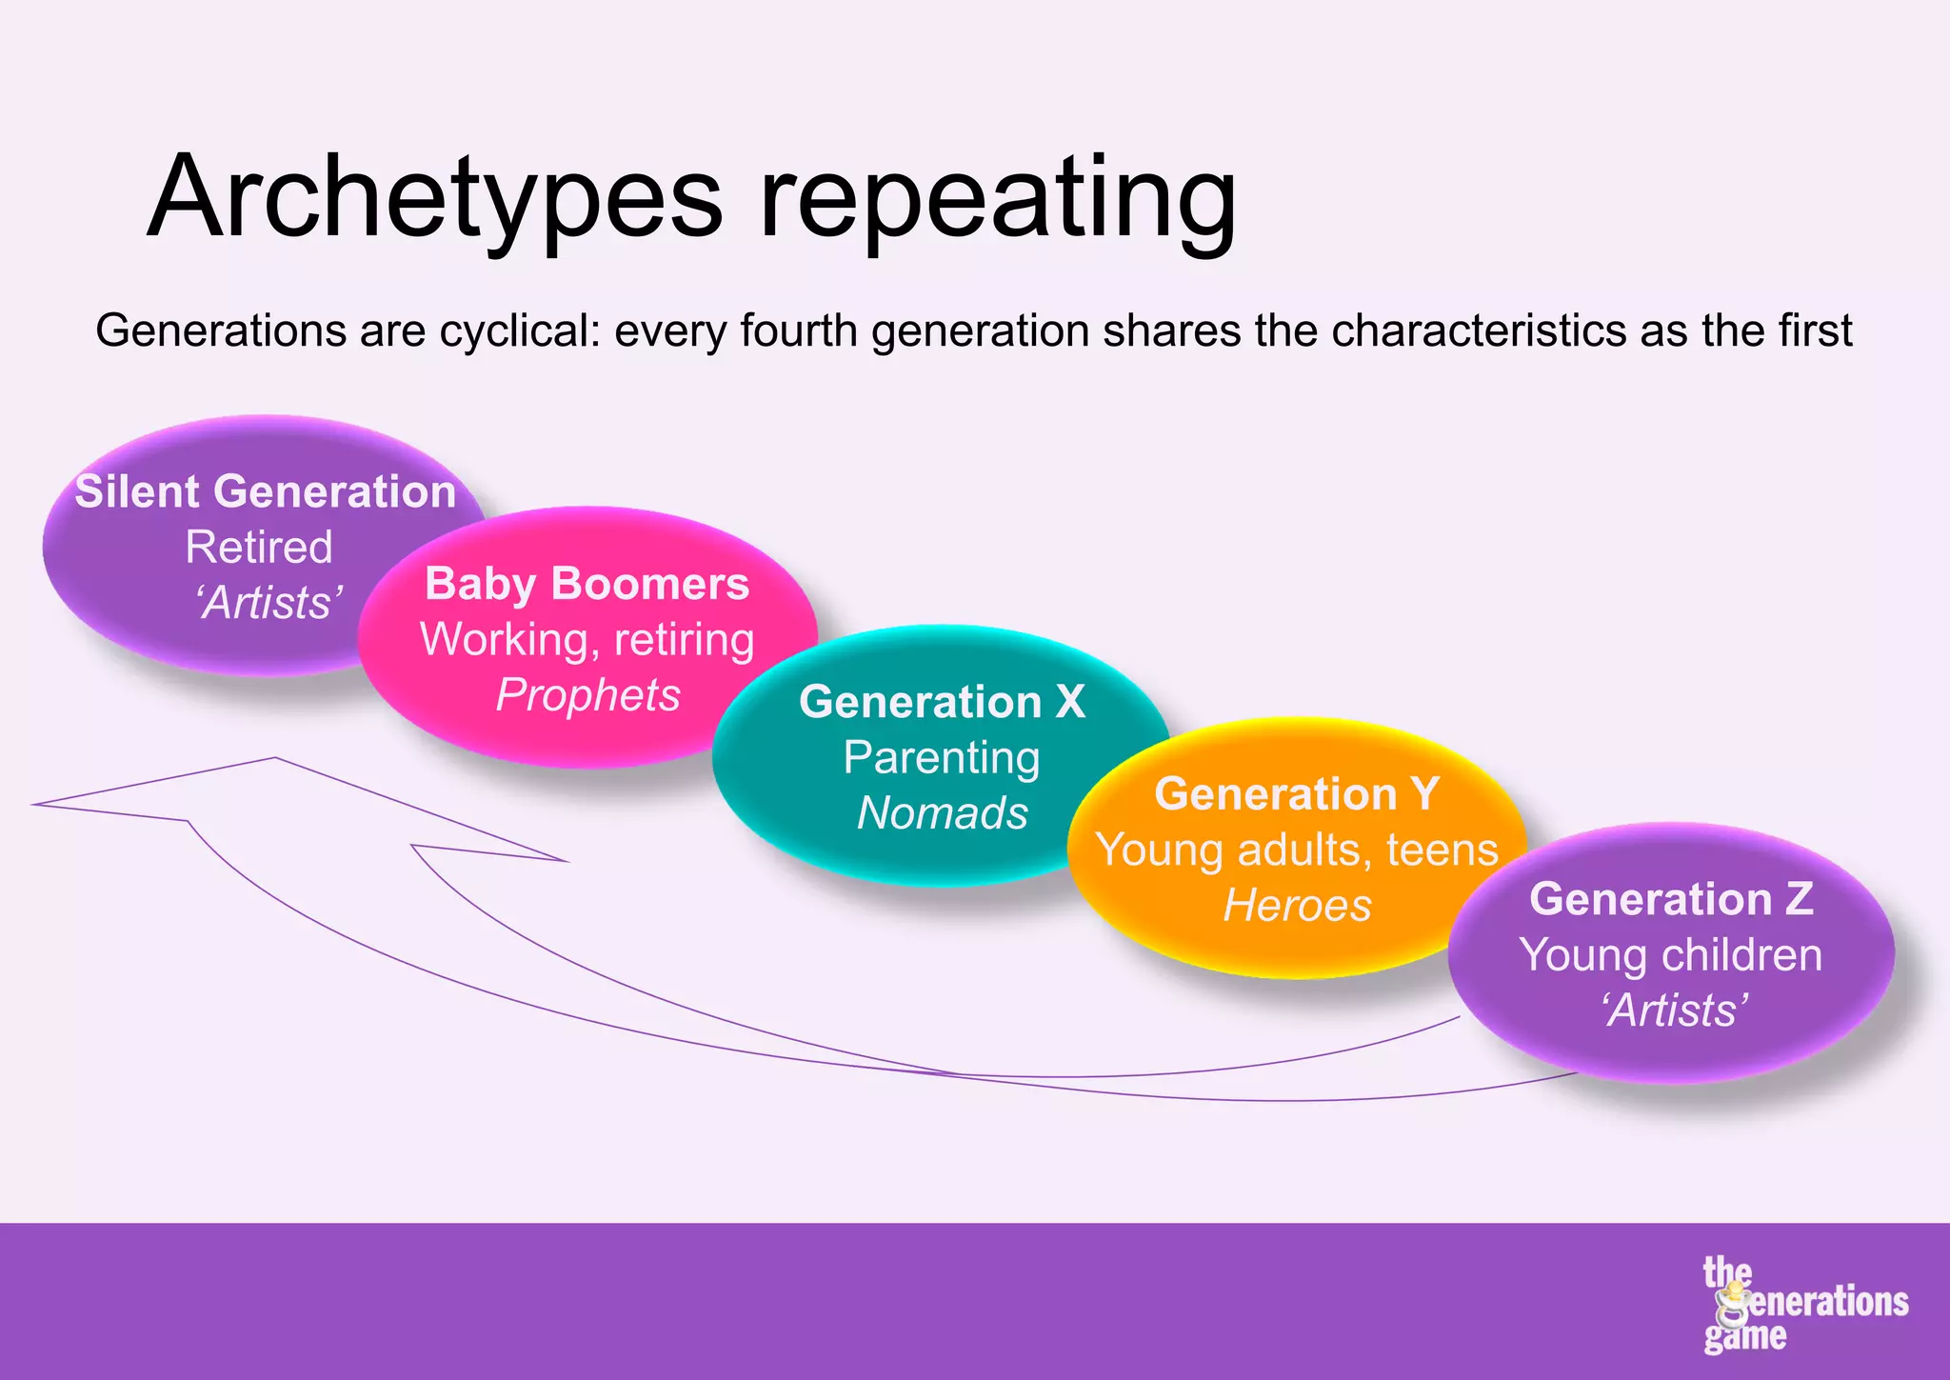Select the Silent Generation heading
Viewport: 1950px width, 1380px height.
(266, 492)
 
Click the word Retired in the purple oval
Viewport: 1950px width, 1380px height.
(259, 548)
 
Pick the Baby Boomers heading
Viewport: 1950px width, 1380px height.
(587, 584)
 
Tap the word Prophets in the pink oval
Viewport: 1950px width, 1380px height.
(588, 695)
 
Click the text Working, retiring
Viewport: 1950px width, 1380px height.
(587, 639)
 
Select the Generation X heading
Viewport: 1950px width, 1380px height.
(942, 702)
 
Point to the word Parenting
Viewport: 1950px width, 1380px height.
(942, 758)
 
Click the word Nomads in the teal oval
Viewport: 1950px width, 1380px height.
(942, 813)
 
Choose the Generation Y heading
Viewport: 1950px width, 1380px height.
(1297, 794)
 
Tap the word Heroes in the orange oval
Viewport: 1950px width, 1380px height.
(1297, 906)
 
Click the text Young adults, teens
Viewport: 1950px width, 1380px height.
(1297, 850)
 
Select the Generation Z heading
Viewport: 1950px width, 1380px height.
(1671, 899)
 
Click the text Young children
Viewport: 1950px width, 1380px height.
(1671, 955)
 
